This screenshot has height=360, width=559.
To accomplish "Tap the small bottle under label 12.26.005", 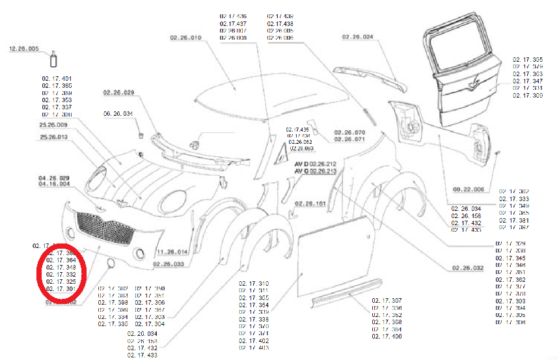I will point(53,61).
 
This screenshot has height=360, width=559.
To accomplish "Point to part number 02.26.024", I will point(359,37).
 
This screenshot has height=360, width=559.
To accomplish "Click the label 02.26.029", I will point(118,92).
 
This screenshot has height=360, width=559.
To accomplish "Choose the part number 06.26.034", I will point(118,114).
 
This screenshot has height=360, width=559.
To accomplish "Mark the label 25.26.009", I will point(53,124).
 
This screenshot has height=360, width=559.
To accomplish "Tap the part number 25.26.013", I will point(53,137).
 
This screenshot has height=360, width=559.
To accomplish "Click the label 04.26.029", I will point(53,178).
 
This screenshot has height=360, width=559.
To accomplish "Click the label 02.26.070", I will point(349,133).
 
